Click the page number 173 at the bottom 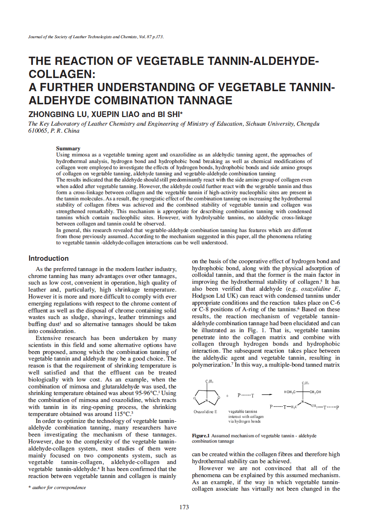click(x=184, y=507)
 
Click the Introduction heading click(x=48, y=258)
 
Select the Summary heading click(x=68, y=148)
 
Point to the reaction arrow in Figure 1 click(x=267, y=395)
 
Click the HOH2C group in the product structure click(x=291, y=392)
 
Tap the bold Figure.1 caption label click(x=201, y=436)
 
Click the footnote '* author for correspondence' click(x=57, y=487)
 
